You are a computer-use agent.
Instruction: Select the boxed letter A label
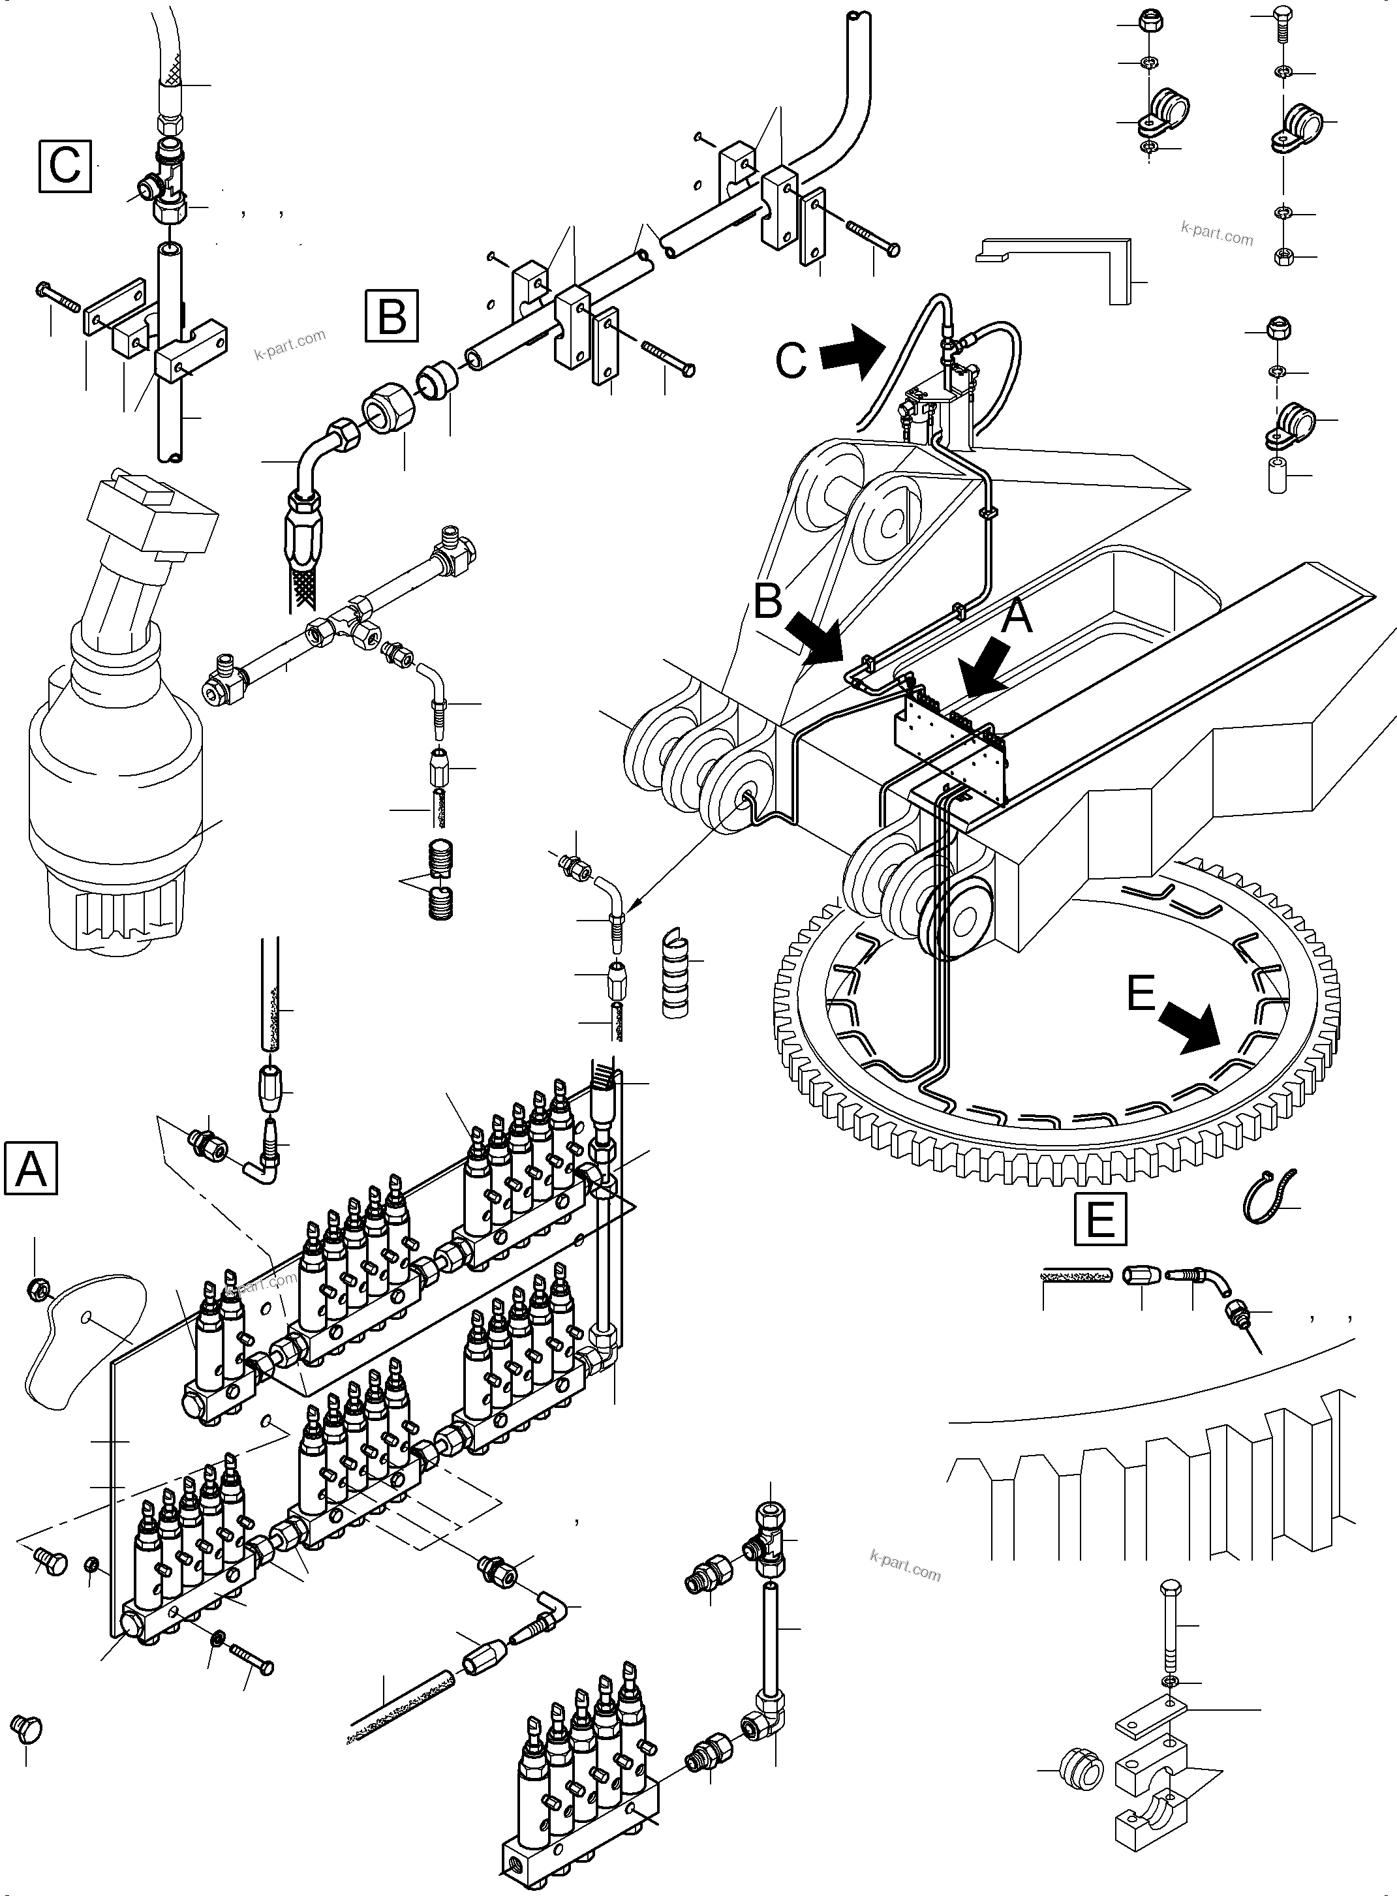[x=31, y=1168]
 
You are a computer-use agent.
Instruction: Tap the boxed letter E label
[x=1100, y=1219]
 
